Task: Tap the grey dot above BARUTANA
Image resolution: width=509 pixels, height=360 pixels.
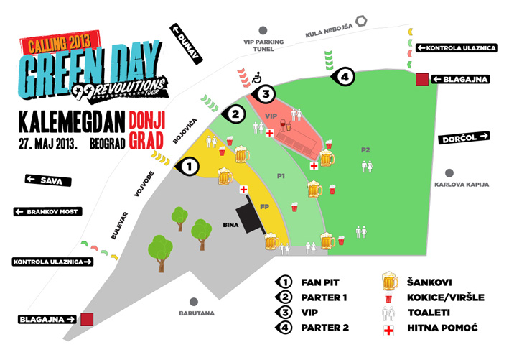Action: tap(192, 303)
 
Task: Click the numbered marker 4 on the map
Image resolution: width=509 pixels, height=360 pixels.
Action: tap(344, 75)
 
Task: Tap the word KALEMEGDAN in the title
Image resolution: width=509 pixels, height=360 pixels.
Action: tap(72, 120)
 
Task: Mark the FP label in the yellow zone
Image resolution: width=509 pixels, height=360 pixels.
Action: tap(264, 207)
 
